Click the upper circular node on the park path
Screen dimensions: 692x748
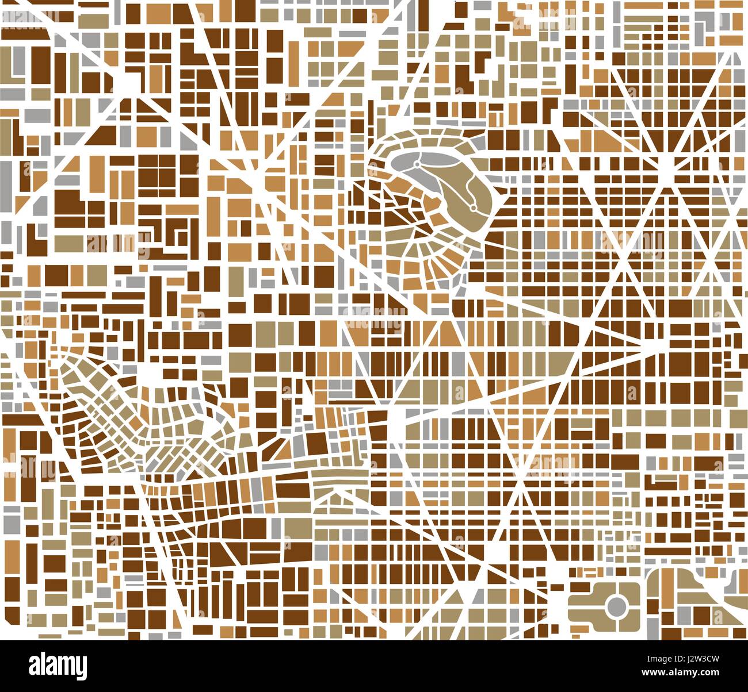tap(415, 165)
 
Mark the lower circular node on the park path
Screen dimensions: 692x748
tap(472, 207)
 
